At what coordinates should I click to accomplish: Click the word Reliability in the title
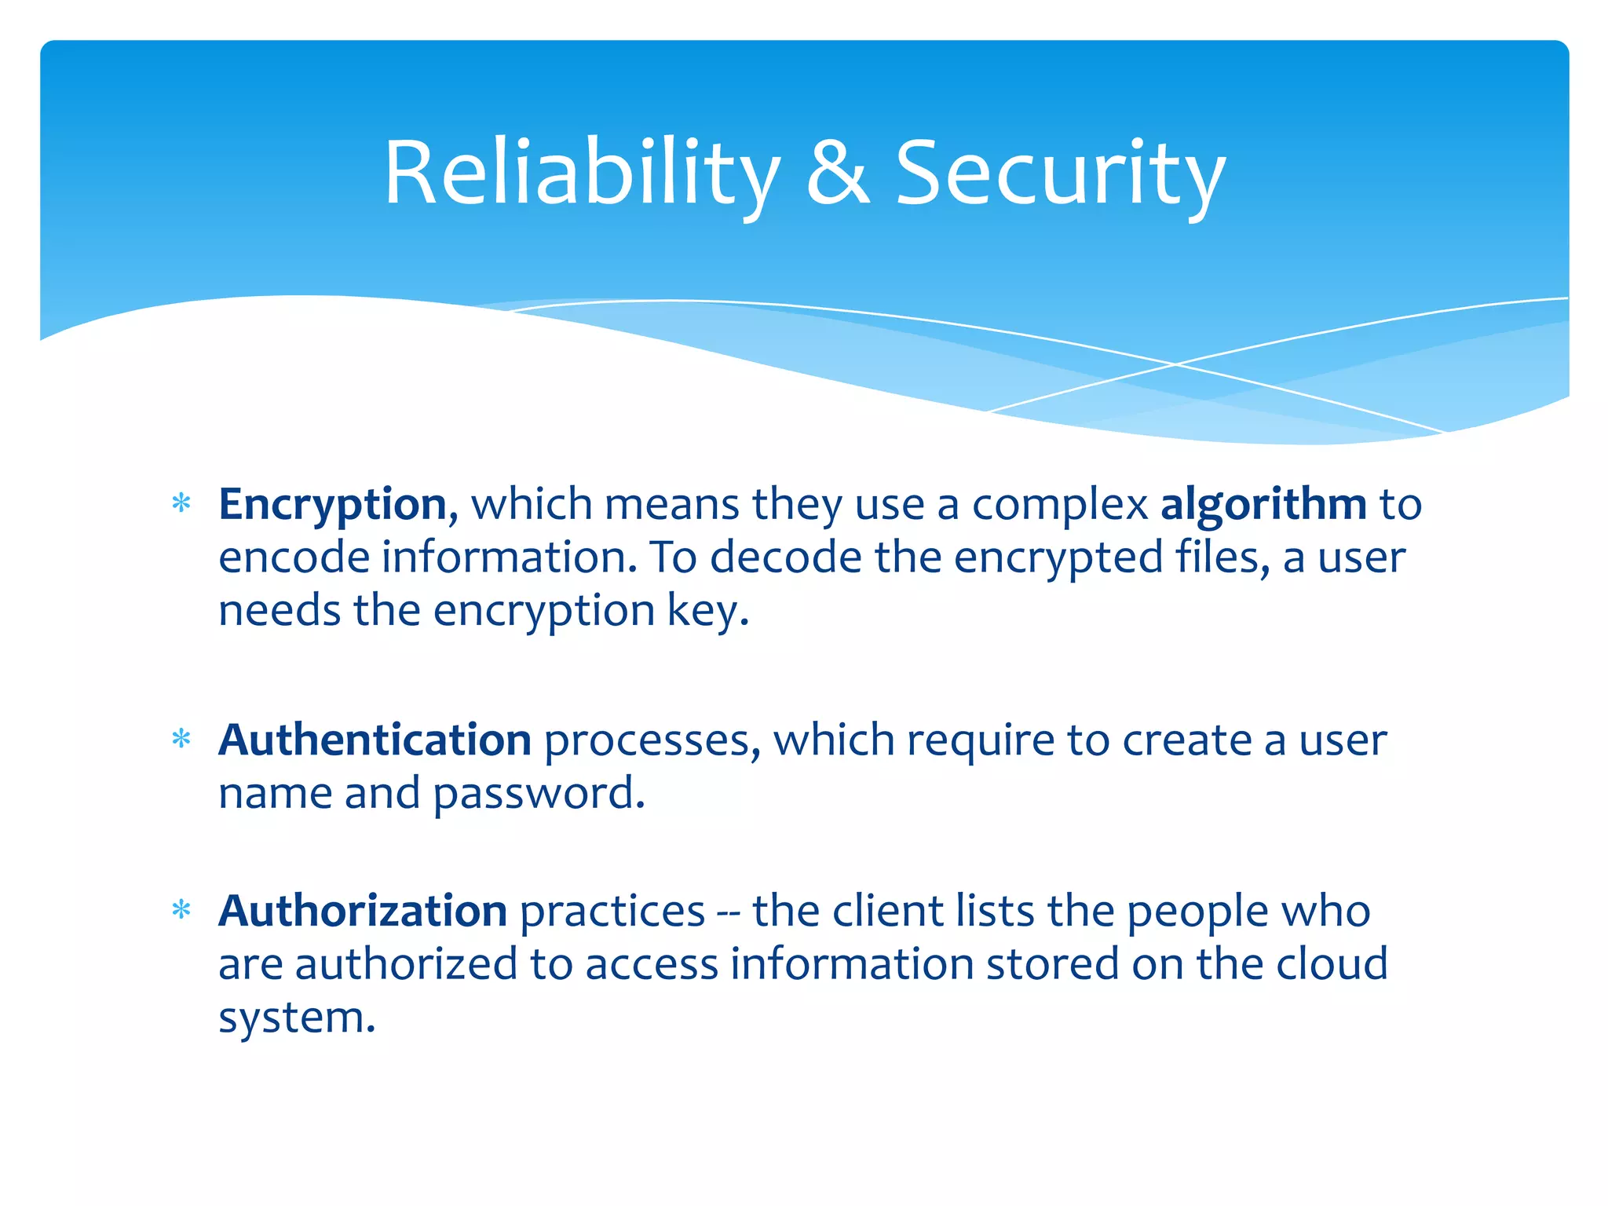point(581,174)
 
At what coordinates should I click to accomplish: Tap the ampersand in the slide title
point(838,174)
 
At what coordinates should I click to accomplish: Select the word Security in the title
point(1060,174)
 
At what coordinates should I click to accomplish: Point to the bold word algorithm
point(1263,504)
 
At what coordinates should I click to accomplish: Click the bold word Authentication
point(375,740)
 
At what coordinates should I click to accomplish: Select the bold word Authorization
point(363,911)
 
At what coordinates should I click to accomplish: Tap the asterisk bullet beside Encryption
point(181,503)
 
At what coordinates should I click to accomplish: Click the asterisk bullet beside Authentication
point(181,740)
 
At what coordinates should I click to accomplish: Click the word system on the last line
point(296,1018)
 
